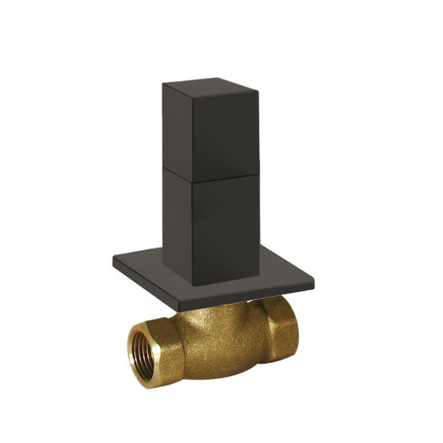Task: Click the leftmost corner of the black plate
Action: coord(113,257)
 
